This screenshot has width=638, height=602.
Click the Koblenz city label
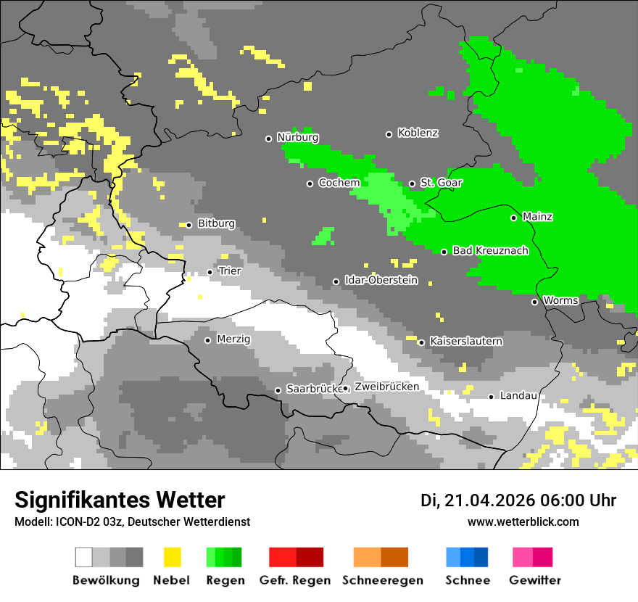pyautogui.click(x=418, y=133)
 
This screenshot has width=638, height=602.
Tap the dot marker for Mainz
pyautogui.click(x=513, y=218)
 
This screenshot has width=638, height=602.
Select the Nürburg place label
pyautogui.click(x=297, y=137)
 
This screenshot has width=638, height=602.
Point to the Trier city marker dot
pyautogui.click(x=210, y=272)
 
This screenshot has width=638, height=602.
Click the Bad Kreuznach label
pyautogui.click(x=490, y=251)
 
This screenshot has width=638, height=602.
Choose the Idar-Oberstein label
pyautogui.click(x=381, y=281)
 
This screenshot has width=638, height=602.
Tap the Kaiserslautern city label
pyautogui.click(x=465, y=341)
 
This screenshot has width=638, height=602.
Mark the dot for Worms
pyautogui.click(x=534, y=302)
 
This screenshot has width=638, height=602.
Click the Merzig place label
pyautogui.click(x=233, y=339)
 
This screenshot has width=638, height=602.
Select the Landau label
pyautogui.click(x=518, y=396)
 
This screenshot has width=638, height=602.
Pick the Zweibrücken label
pyautogui.click(x=386, y=387)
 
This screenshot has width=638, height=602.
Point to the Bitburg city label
pyautogui.click(x=216, y=224)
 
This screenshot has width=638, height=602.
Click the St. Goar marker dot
pyautogui.click(x=412, y=184)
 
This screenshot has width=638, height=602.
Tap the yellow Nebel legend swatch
pyautogui.click(x=172, y=557)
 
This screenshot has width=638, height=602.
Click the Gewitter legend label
pyautogui.click(x=534, y=580)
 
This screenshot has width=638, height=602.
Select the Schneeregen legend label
pyautogui.click(x=382, y=580)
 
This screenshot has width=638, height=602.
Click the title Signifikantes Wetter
pyautogui.click(x=120, y=500)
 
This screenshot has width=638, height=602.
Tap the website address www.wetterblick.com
pyautogui.click(x=523, y=521)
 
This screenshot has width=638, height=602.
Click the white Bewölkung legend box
pyautogui.click(x=84, y=557)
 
